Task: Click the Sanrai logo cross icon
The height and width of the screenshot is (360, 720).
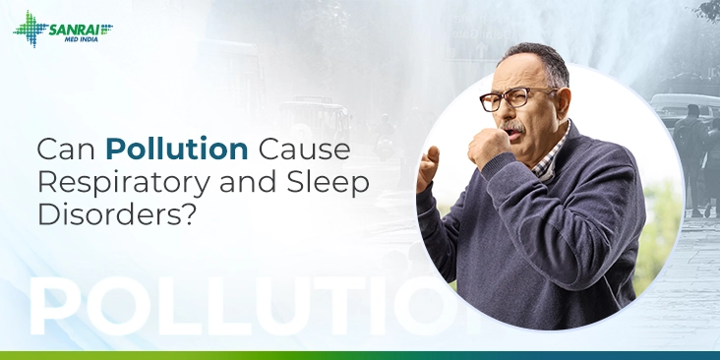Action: (30, 29)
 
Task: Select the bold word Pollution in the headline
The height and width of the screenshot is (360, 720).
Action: (177, 150)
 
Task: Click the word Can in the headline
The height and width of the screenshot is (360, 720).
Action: (67, 150)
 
